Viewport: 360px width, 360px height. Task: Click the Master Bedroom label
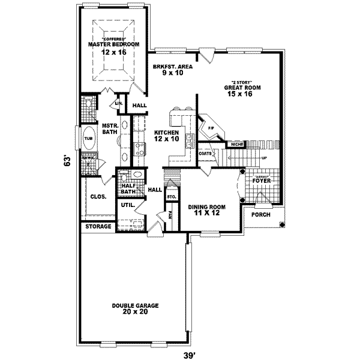(x=113, y=44)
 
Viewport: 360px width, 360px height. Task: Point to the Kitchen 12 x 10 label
(x=167, y=136)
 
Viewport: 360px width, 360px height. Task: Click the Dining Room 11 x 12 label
(x=206, y=210)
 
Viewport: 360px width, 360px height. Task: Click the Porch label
(x=260, y=214)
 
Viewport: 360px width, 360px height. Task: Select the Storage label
(x=98, y=227)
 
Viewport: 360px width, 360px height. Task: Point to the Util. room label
(x=127, y=205)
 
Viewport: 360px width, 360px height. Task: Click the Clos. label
(x=98, y=196)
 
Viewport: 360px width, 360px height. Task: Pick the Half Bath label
(x=127, y=188)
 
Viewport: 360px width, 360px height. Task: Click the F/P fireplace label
(x=211, y=128)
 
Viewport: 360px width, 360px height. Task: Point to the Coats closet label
(x=204, y=153)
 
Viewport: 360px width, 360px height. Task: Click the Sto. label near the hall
(x=170, y=196)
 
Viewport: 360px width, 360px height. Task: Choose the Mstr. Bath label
(x=109, y=128)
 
